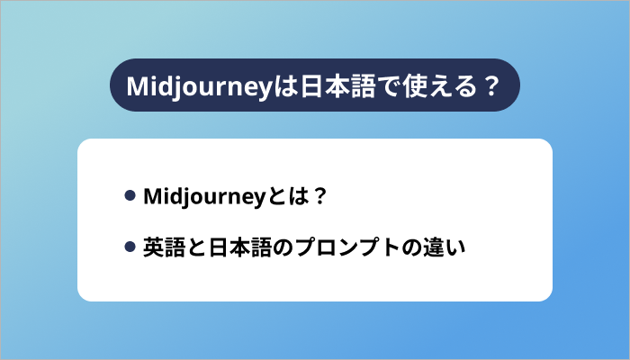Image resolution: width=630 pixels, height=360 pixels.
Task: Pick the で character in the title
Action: click(375, 86)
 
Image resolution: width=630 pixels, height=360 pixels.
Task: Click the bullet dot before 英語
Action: click(130, 246)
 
